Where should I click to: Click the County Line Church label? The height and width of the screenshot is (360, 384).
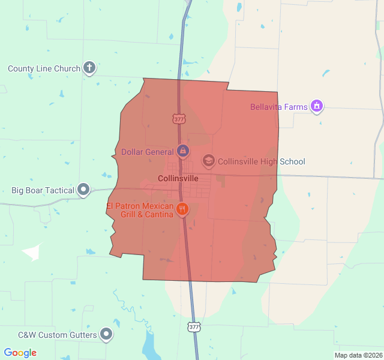(x=44, y=68)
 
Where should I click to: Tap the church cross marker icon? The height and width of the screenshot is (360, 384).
(x=89, y=68)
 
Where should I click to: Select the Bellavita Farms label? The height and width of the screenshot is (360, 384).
(x=278, y=107)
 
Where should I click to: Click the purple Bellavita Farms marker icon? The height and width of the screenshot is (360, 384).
(x=317, y=107)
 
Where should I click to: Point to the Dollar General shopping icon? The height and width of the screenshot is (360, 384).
(x=183, y=151)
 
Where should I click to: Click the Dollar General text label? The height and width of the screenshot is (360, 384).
(x=148, y=152)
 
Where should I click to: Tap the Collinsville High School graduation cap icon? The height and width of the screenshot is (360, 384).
(x=208, y=161)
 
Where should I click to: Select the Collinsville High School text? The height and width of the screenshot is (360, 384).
(x=261, y=161)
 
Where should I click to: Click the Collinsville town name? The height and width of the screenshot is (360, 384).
(x=178, y=178)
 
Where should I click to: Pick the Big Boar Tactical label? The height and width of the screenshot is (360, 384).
(x=43, y=191)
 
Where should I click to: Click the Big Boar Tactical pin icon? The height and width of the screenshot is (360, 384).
(x=83, y=190)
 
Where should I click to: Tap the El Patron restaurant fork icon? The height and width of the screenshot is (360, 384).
(x=182, y=209)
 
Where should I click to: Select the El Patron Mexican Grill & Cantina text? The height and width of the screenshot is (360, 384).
(x=140, y=210)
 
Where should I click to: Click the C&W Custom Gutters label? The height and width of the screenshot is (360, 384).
(x=57, y=334)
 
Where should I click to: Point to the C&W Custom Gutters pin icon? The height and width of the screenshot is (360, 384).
(x=106, y=334)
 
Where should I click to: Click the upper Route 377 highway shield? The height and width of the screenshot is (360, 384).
(x=179, y=119)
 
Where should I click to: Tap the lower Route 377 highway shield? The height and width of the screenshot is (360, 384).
(x=193, y=327)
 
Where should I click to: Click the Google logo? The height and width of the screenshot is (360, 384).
(x=20, y=353)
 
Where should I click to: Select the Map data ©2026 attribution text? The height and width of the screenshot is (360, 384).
(x=358, y=355)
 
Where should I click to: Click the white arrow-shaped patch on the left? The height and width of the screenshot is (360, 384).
(x=34, y=251)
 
